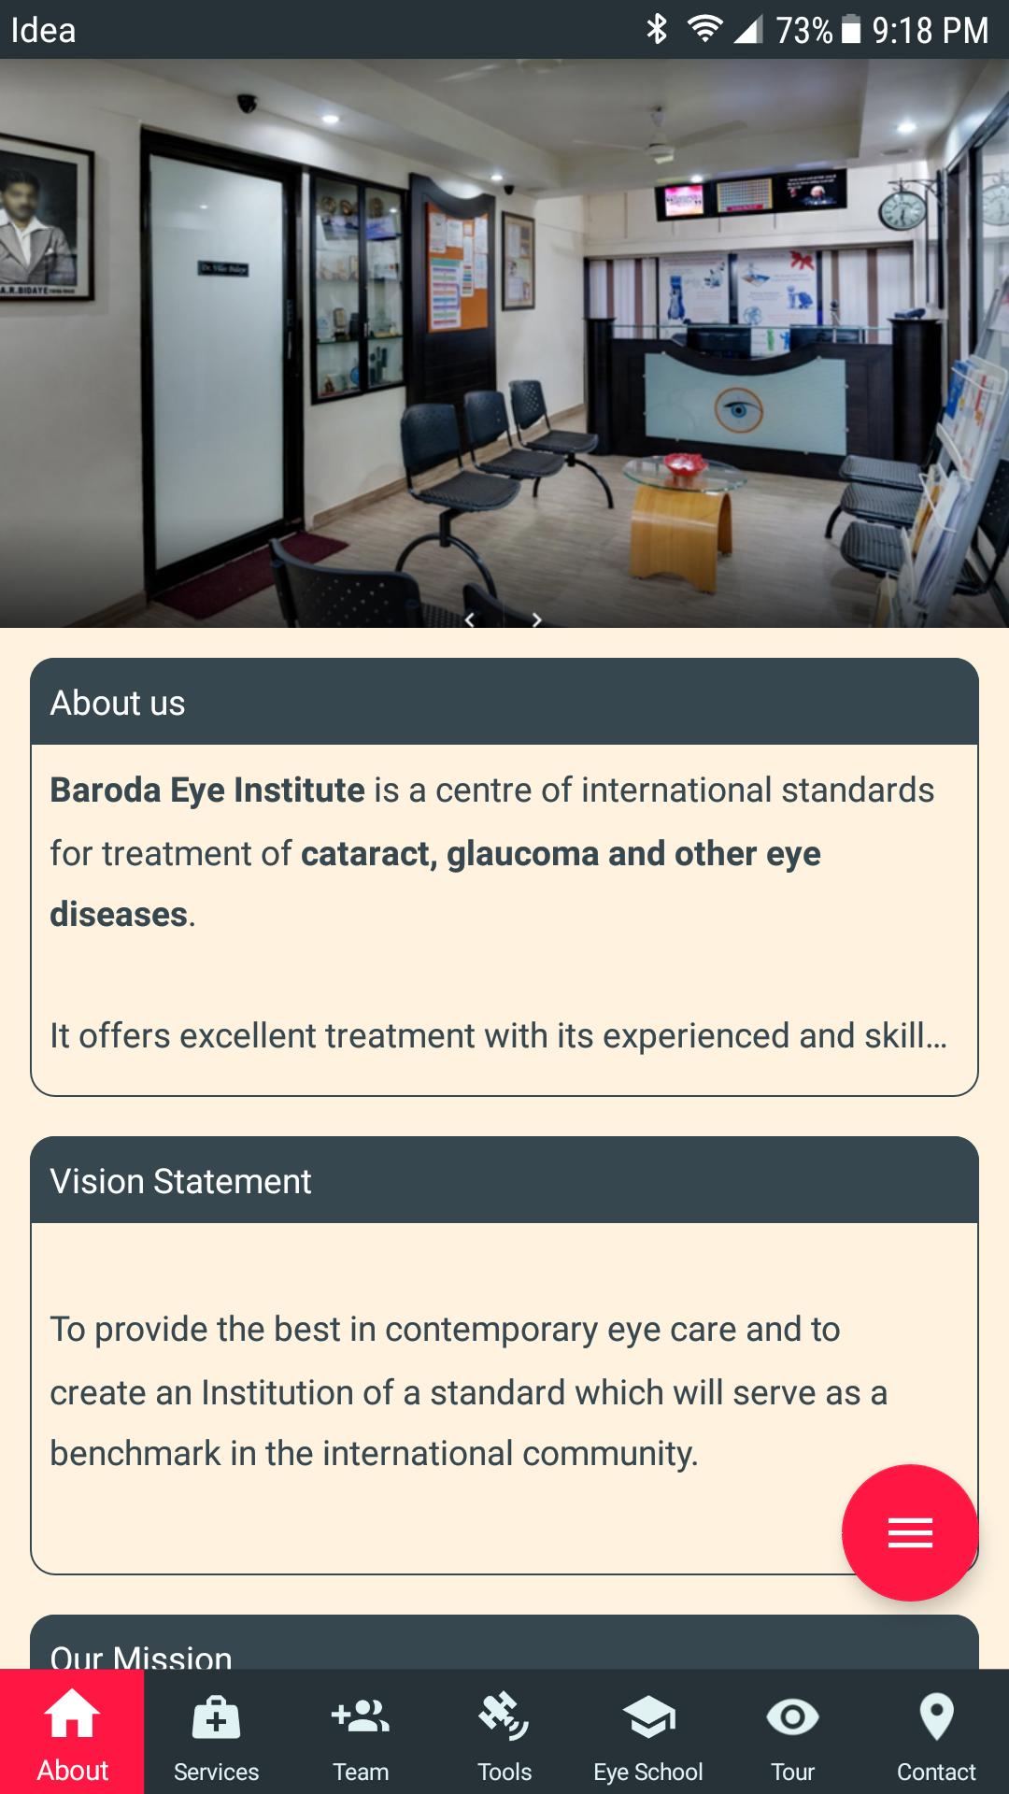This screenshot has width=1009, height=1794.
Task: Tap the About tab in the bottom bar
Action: [x=72, y=1733]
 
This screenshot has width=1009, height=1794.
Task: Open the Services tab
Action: [x=216, y=1733]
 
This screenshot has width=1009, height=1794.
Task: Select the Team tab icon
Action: [x=361, y=1717]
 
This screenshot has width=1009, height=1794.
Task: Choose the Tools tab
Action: [x=504, y=1733]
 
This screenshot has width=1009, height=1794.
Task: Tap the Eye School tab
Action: [x=648, y=1733]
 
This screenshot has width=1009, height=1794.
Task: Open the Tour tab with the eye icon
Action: [x=792, y=1733]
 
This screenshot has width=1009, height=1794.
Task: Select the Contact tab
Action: [x=936, y=1733]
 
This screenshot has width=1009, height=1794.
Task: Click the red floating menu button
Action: [x=910, y=1532]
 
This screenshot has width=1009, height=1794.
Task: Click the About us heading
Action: [x=118, y=703]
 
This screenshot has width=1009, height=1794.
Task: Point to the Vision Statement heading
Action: [x=180, y=1181]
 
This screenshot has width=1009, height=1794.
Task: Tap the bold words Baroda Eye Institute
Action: [x=207, y=790]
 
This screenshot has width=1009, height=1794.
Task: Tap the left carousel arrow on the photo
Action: [x=470, y=619]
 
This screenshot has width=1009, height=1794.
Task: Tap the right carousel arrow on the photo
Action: [x=536, y=619]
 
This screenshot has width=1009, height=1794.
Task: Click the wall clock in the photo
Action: [x=902, y=211]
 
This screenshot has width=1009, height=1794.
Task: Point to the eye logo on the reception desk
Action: [x=739, y=409]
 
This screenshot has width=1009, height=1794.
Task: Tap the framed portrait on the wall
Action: [x=42, y=221]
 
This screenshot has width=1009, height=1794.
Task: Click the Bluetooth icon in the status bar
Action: [x=657, y=30]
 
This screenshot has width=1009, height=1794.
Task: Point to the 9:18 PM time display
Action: [x=930, y=30]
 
